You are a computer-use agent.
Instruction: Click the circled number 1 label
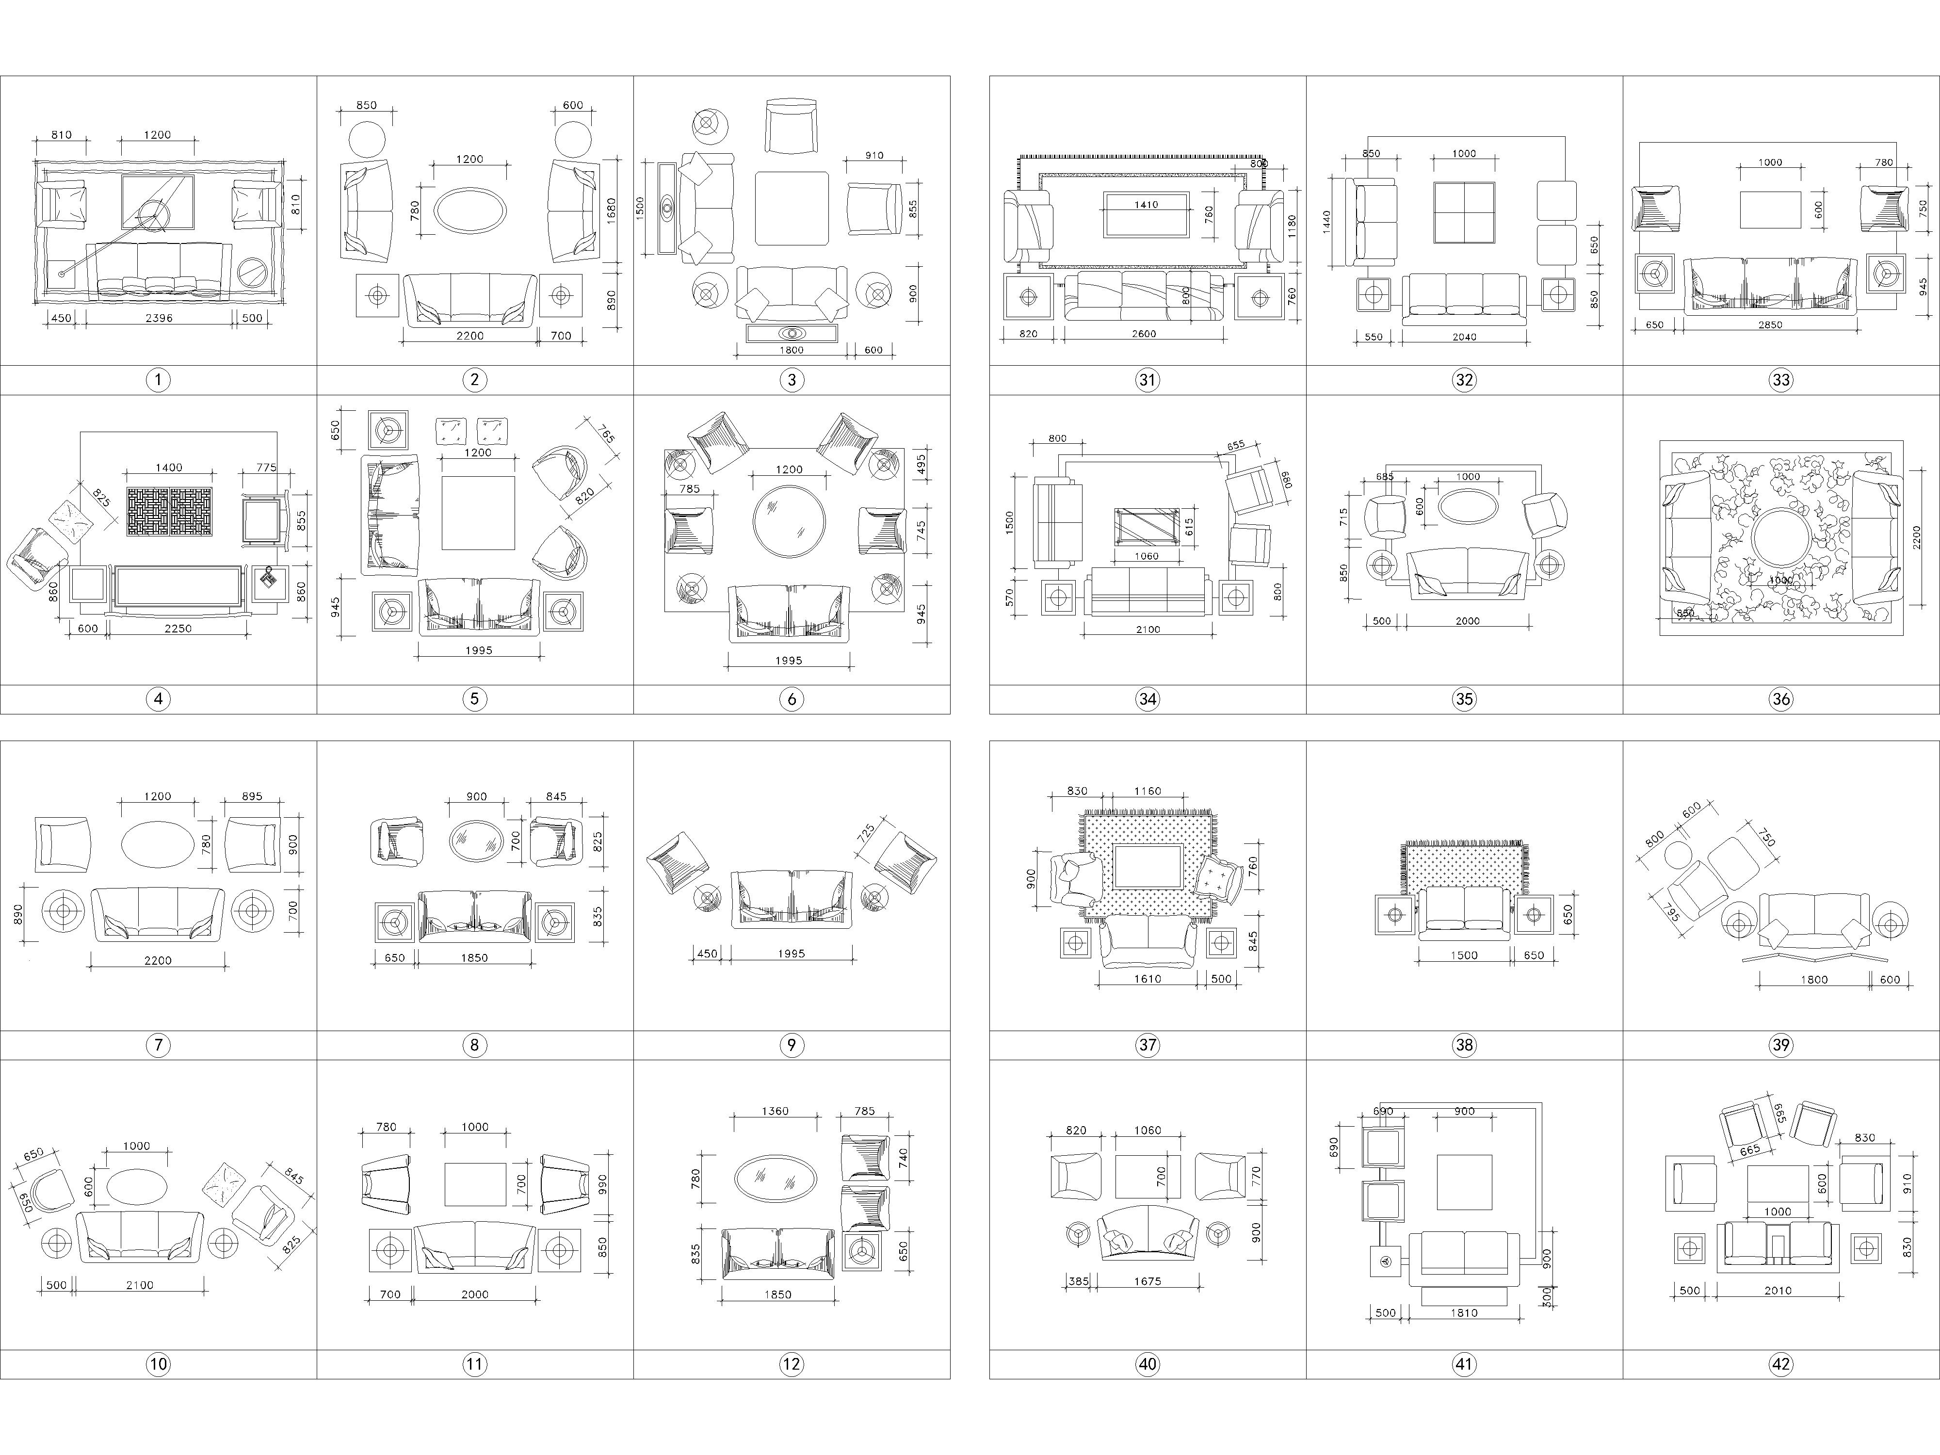158,380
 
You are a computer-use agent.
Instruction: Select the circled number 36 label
1780,699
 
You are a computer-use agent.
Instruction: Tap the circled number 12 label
791,1364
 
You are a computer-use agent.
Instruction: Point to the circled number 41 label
1464,1364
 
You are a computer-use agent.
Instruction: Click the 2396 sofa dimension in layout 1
159,318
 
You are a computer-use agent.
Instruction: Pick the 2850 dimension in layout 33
1772,324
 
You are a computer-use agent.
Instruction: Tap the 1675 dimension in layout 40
1147,1281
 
